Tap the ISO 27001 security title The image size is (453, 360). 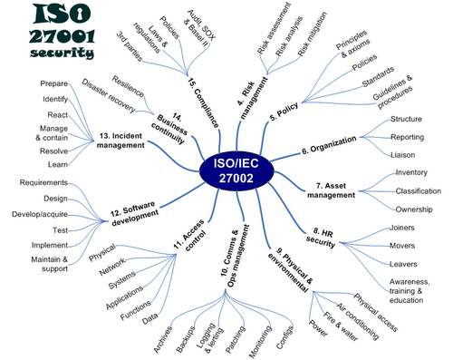(53, 31)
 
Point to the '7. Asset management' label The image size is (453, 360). (336, 190)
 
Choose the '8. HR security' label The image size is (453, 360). (333, 238)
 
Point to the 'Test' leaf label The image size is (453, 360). (61, 230)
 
